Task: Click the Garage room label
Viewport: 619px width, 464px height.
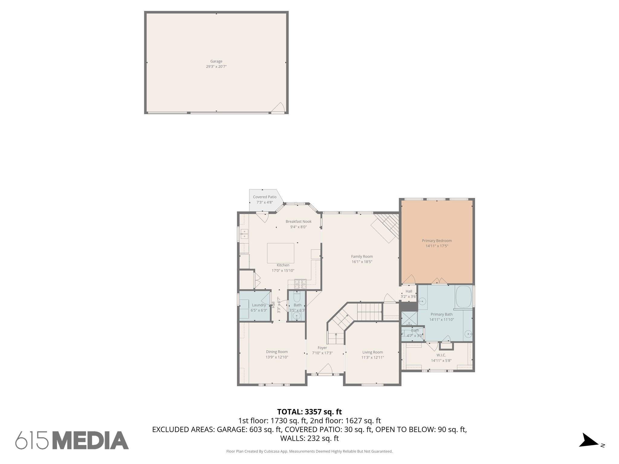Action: (216, 61)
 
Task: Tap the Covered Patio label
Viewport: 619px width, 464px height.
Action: (264, 197)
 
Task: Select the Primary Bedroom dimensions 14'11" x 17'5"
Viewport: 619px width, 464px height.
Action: (437, 246)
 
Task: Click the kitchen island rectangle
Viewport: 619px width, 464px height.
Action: (280, 253)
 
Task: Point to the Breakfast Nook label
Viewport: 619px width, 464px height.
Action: (298, 221)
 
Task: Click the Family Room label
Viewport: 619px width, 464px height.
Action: (362, 256)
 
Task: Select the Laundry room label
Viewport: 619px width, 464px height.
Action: (259, 305)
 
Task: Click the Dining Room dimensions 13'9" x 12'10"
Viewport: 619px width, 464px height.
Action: (277, 357)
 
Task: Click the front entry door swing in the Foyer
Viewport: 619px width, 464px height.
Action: (326, 369)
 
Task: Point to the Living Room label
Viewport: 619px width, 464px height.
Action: (372, 352)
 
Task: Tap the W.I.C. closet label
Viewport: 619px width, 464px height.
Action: (441, 355)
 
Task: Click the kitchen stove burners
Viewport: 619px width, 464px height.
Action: (300, 284)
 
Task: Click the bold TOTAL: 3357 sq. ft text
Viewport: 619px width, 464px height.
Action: (309, 412)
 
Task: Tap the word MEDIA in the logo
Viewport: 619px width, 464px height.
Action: (91, 440)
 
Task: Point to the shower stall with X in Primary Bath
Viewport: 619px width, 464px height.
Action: (409, 318)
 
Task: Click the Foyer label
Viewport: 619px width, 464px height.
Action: (322, 348)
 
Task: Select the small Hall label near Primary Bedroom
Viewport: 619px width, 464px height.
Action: (409, 291)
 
